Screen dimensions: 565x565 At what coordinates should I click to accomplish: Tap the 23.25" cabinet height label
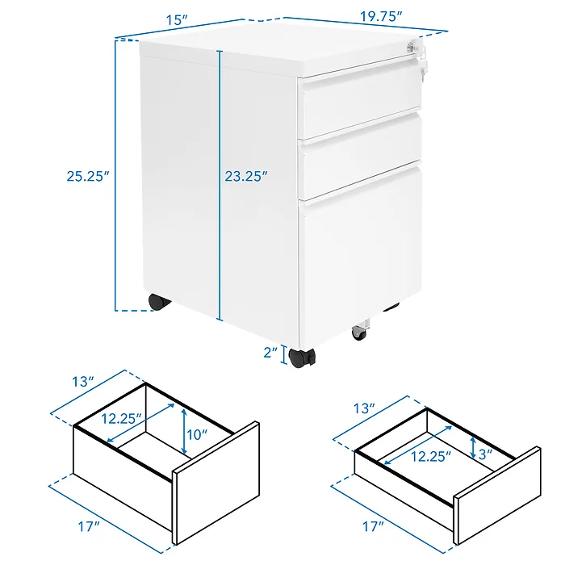pyautogui.click(x=245, y=174)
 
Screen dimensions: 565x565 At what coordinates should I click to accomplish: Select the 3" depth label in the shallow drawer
pyautogui.click(x=484, y=454)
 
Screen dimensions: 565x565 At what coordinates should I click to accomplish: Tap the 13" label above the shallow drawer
pyautogui.click(x=365, y=409)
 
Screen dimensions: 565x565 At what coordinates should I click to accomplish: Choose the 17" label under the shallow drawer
pyautogui.click(x=372, y=526)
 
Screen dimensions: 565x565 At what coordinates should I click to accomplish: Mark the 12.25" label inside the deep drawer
pyautogui.click(x=123, y=418)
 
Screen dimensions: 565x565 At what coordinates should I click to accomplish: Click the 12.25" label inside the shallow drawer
pyautogui.click(x=428, y=455)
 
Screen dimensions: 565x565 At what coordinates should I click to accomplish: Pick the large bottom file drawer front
pyautogui.click(x=362, y=258)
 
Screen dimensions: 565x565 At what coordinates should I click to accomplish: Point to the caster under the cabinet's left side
pyautogui.click(x=160, y=302)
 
